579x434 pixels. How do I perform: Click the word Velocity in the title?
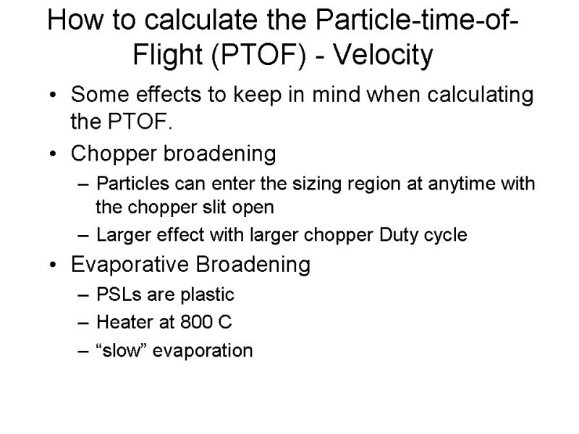tap(383, 56)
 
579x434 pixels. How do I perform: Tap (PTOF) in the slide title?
tap(258, 56)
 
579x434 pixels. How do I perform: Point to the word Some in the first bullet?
tap(100, 95)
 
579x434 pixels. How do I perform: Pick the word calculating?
tap(480, 95)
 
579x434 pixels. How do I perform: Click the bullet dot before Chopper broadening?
tap(53, 153)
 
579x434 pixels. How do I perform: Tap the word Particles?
tap(132, 184)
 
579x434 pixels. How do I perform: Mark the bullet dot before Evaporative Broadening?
tap(53, 265)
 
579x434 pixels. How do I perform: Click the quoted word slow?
tap(122, 351)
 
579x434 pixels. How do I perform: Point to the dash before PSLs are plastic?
tap(83, 295)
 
